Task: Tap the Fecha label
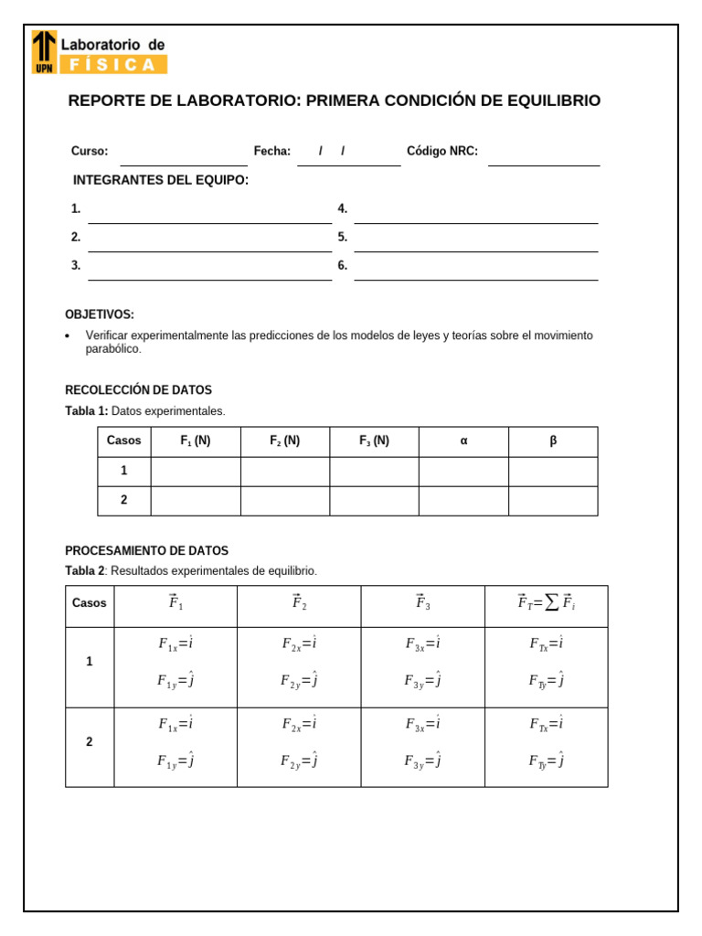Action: [271, 152]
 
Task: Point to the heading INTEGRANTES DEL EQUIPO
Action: [161, 180]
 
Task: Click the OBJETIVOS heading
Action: [100, 314]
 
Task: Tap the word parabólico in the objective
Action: [113, 349]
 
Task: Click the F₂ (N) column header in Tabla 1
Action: [284, 441]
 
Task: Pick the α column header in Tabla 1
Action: [463, 441]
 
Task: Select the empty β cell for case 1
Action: [553, 472]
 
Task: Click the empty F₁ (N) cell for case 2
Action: [195, 501]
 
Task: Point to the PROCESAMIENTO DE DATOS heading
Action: [146, 551]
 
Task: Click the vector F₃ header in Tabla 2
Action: [422, 603]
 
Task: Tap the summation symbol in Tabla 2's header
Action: [552, 603]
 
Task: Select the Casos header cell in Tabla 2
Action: [90, 603]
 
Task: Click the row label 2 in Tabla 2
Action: [90, 742]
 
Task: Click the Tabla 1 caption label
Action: [87, 411]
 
